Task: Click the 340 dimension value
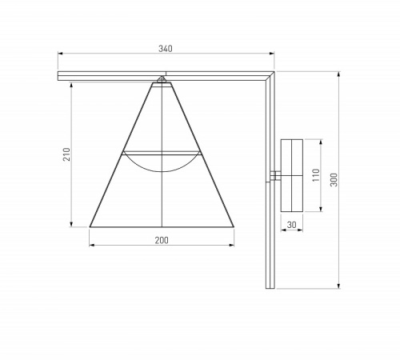[166, 49]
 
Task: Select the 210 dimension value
[67, 154]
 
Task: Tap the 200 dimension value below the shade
[162, 240]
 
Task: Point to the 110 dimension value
[315, 174]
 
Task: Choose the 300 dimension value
[334, 181]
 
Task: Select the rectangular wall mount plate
[293, 174]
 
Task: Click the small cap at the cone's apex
[162, 79]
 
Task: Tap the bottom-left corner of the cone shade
[90, 226]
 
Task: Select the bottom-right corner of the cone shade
[235, 226]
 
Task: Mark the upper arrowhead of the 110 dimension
[322, 141]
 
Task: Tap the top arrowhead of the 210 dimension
[74, 84]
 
